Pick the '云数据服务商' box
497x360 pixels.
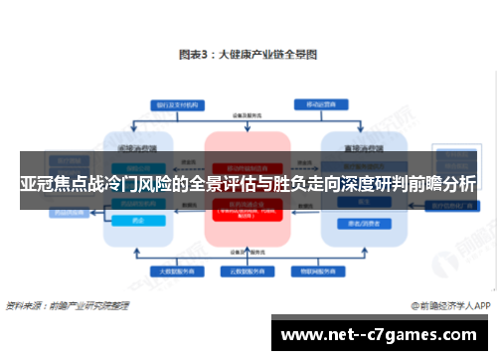[x=247, y=270]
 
